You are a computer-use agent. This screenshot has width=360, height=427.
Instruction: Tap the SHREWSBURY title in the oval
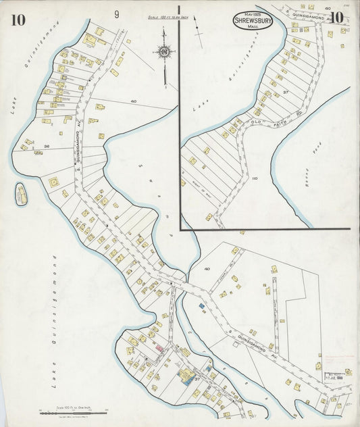coord(253,21)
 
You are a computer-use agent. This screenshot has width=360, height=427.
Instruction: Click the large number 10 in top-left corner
coord(18,20)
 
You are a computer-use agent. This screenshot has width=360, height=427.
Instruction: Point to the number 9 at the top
coord(117,14)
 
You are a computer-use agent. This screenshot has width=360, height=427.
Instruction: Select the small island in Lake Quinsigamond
coord(21,195)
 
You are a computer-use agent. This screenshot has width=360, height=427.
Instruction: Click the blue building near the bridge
coord(201,306)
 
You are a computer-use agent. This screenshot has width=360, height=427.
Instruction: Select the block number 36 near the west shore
coord(47,146)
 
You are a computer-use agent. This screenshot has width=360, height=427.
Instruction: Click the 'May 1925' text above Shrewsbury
coord(253,14)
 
